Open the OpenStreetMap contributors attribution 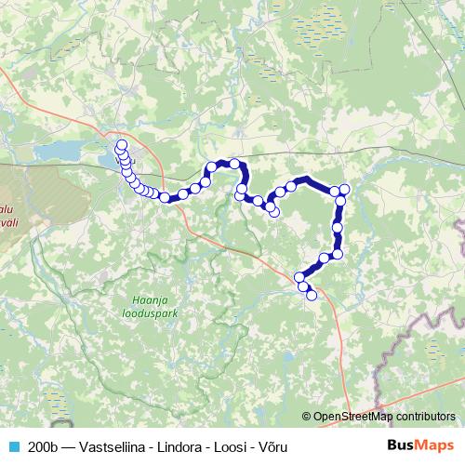pos(383,418)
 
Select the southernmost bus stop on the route pos(312,296)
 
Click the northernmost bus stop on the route pos(121,144)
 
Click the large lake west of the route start pos(58,150)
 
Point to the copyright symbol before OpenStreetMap pos(306,418)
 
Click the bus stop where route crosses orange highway pos(166,197)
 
